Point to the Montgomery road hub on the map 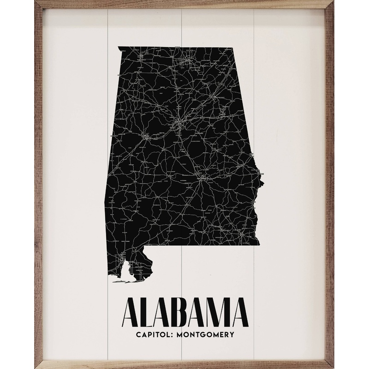(x=202, y=176)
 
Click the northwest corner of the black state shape (x=119, y=47)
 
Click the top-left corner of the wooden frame (x=36, y=2)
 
